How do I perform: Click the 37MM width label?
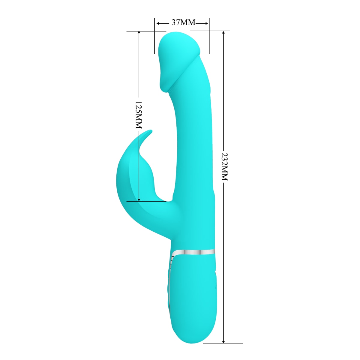[183, 22]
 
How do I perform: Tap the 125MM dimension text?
[138, 115]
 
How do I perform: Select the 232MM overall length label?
[224, 167]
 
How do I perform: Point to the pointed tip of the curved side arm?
[151, 131]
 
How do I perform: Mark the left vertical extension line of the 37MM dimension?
[154, 36]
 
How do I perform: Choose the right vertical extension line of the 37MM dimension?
[209, 36]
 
